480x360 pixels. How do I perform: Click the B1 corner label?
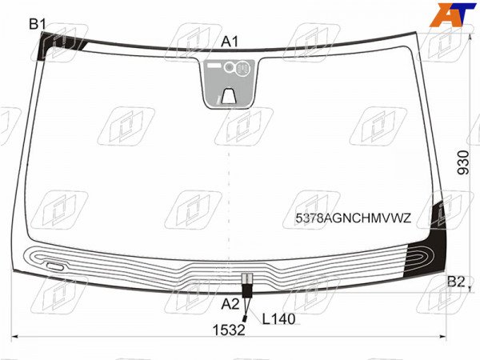pyautogui.click(x=38, y=24)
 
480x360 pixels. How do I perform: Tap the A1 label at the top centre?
pyautogui.click(x=230, y=42)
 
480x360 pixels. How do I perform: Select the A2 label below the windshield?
pyautogui.click(x=230, y=304)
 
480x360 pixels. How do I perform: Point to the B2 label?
pyautogui.click(x=456, y=282)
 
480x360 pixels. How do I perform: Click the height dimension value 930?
pyautogui.click(x=463, y=162)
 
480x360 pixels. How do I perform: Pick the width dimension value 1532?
pyautogui.click(x=229, y=330)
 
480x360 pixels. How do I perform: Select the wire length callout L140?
pyautogui.click(x=278, y=319)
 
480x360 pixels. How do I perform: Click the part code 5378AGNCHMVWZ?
pyautogui.click(x=354, y=218)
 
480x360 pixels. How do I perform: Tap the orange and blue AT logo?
pyautogui.click(x=453, y=14)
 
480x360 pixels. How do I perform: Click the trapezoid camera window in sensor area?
pyautogui.click(x=229, y=95)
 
